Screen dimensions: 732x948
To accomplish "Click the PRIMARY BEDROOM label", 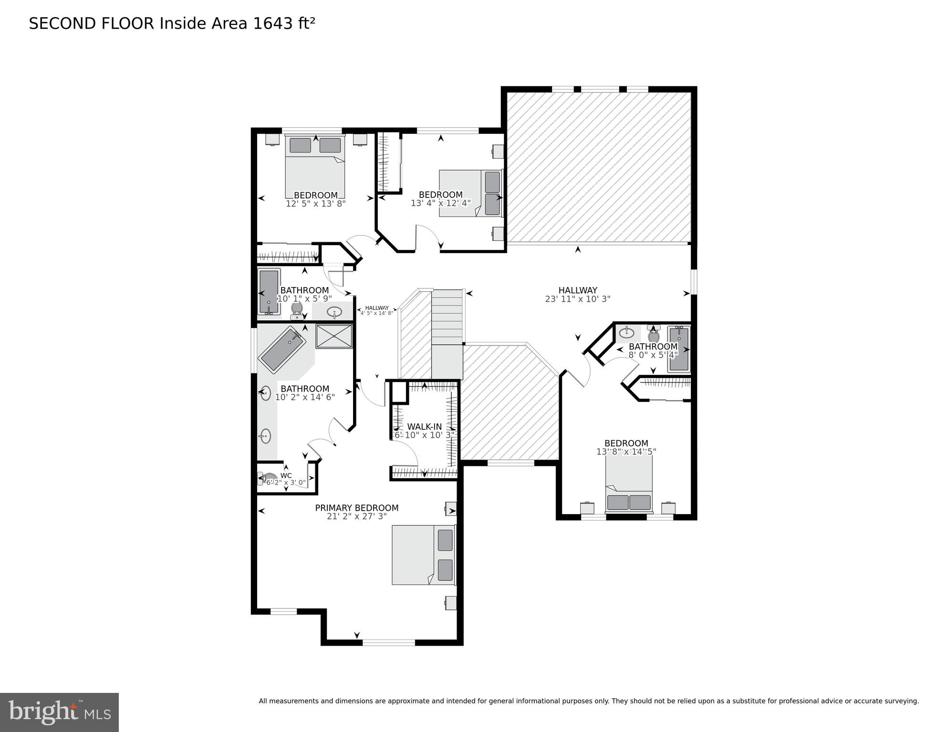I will [356, 508].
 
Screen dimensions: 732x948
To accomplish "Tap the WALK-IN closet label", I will [424, 427].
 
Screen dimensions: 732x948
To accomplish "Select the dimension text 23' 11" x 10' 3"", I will [577, 299].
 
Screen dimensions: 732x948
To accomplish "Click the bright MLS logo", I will [59, 712].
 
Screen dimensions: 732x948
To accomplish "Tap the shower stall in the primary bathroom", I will [334, 336].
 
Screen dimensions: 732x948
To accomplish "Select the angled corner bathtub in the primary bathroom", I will [282, 350].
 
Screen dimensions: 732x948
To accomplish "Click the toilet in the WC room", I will [269, 477].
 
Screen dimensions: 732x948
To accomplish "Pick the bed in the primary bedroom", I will [423, 555].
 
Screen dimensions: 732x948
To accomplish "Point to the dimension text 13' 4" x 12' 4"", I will [440, 203].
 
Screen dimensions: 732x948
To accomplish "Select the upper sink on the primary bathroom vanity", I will [265, 393].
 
